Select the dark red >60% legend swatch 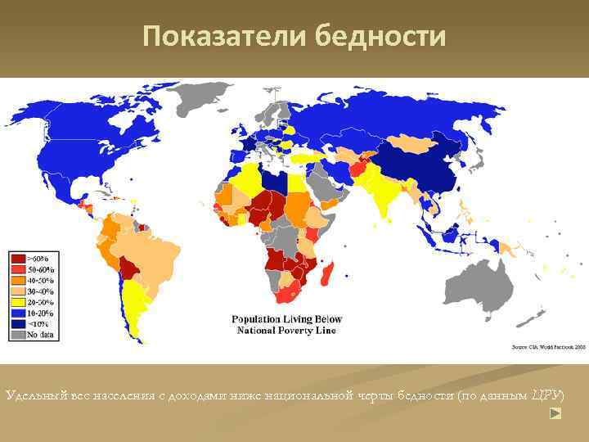click(17, 259)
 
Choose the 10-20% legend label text click(41, 312)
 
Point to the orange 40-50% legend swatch click(17, 280)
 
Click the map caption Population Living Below click(286, 319)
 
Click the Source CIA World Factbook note click(549, 347)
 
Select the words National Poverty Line click(286, 331)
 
